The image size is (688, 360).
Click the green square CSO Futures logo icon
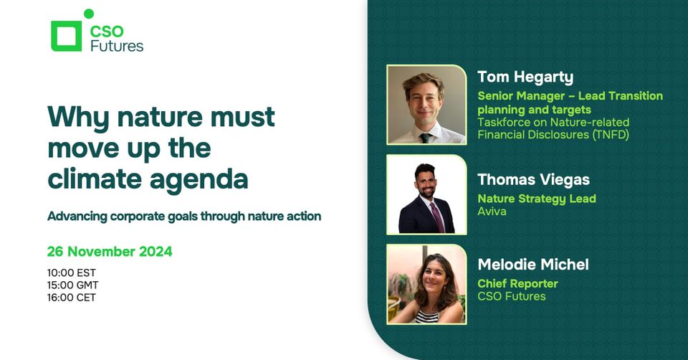[66, 36]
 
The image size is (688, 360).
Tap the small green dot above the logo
[89, 14]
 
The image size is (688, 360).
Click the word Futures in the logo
[117, 46]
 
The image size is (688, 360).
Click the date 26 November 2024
[110, 252]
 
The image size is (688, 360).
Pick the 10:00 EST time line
[72, 273]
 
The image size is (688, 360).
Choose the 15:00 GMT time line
[72, 285]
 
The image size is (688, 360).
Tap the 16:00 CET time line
[72, 297]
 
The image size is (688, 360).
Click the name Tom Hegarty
[525, 77]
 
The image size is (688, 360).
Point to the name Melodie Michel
[533, 265]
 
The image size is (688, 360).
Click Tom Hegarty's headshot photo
[426, 105]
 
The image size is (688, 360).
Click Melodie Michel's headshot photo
[426, 284]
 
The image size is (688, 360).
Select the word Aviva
[492, 212]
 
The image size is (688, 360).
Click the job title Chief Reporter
[517, 283]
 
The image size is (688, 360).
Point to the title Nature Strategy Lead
[537, 199]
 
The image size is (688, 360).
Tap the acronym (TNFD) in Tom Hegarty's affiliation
[610, 134]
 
